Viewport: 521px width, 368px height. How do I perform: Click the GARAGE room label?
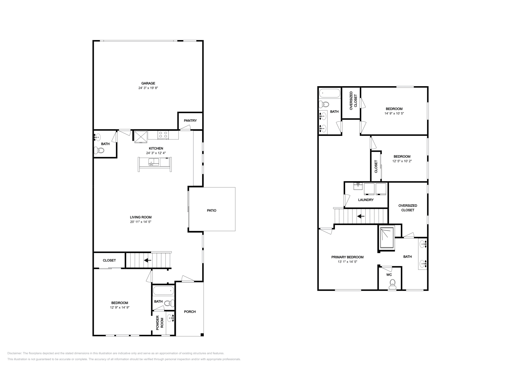(x=148, y=83)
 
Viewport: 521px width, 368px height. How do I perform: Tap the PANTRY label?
(x=190, y=121)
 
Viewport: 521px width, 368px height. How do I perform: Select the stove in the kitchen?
(x=163, y=135)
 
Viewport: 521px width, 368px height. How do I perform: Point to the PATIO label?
(x=212, y=210)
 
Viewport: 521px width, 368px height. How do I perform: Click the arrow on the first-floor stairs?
(x=148, y=260)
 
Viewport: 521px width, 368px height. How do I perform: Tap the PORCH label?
(x=190, y=312)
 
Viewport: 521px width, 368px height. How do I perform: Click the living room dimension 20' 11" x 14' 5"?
(x=141, y=222)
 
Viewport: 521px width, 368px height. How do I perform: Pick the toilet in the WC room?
(x=392, y=284)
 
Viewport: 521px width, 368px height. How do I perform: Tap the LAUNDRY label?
(x=366, y=200)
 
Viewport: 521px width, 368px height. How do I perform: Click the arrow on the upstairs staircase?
(x=361, y=216)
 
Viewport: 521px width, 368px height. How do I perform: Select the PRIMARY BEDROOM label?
(x=347, y=257)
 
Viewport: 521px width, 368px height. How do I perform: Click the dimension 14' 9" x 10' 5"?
(x=394, y=113)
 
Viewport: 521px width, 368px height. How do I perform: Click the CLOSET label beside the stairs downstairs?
(x=109, y=260)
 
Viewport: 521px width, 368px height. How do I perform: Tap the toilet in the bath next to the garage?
(x=99, y=151)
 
